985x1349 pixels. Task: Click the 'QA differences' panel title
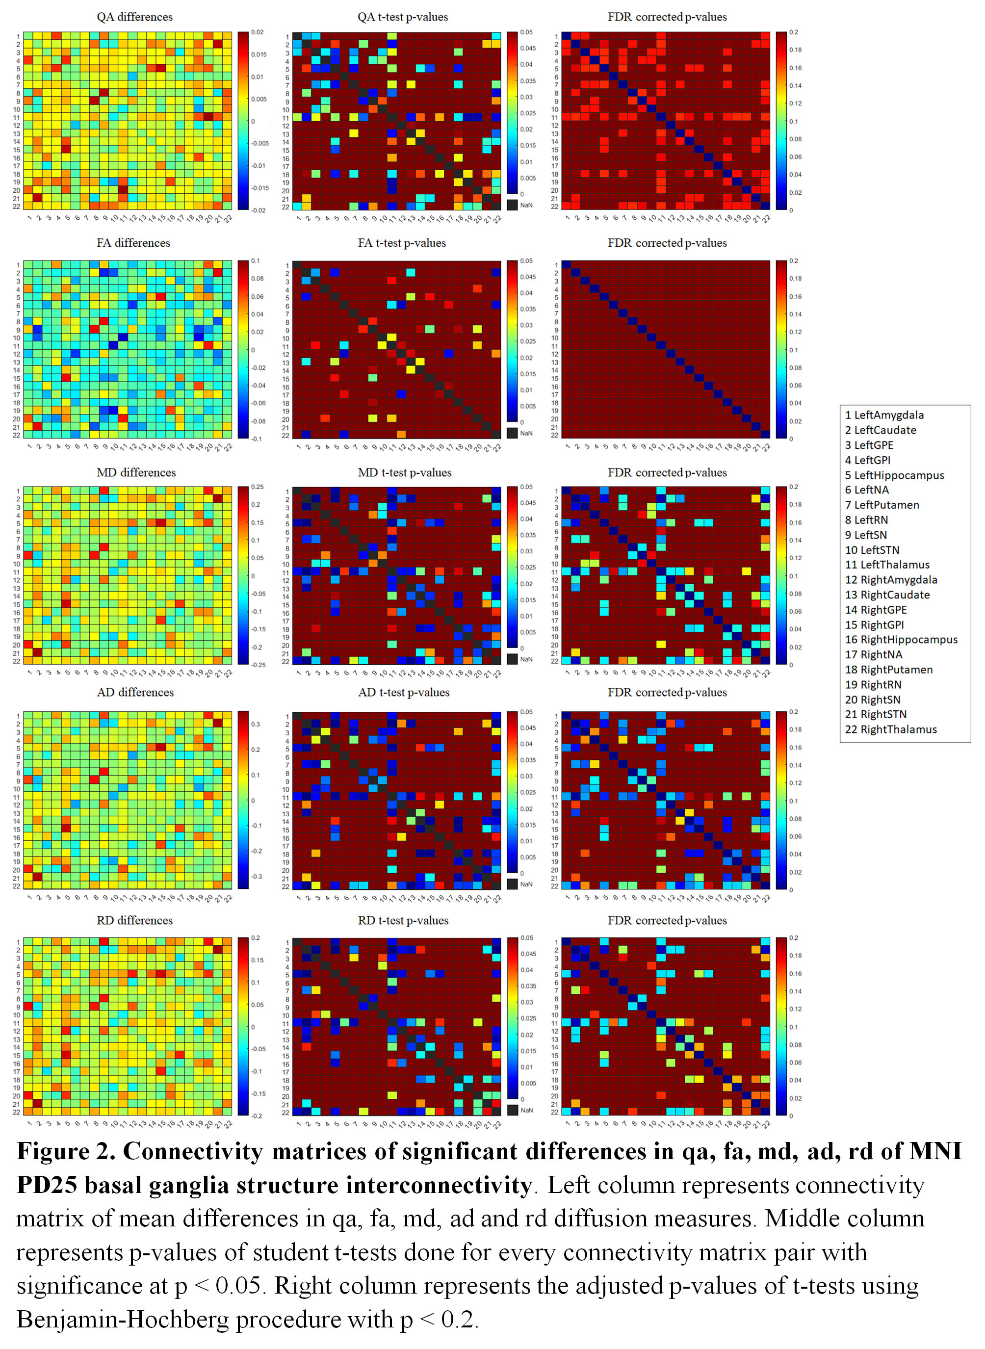(135, 17)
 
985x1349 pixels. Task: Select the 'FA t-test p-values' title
(402, 243)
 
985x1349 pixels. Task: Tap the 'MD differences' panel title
(136, 472)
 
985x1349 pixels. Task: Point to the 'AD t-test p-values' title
(404, 692)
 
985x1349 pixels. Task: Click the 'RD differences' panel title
(135, 920)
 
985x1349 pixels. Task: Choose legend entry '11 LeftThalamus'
(886, 565)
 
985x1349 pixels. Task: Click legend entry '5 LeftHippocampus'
(894, 475)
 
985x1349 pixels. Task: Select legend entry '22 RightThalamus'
(890, 729)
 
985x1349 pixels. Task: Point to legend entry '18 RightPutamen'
(888, 670)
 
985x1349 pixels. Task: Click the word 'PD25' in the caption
(47, 1185)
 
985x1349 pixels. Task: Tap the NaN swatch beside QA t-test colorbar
(512, 205)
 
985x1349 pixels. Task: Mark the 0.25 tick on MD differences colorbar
(257, 487)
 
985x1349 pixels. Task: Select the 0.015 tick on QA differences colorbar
(258, 54)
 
